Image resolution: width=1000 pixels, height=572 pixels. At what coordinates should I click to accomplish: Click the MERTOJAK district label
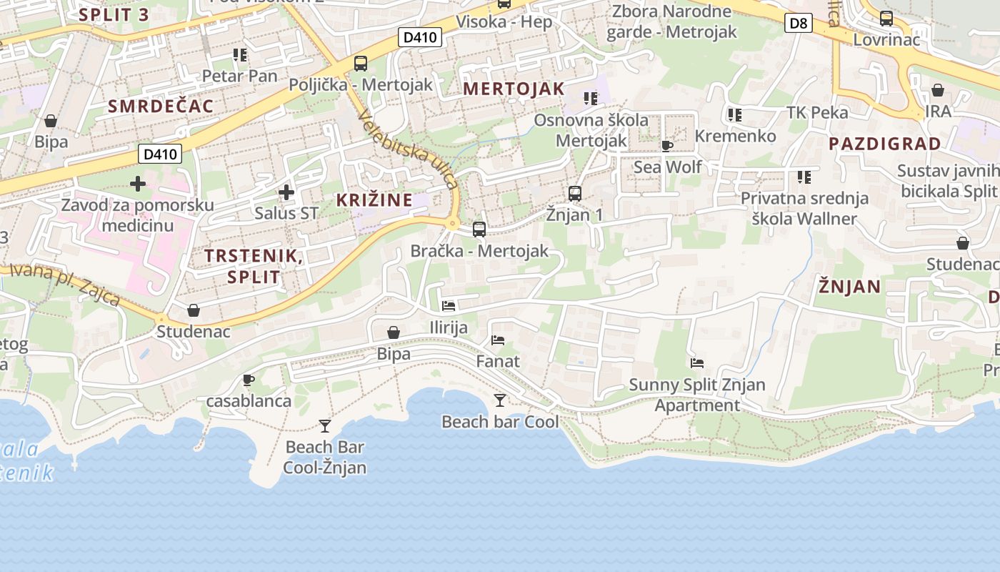pyautogui.click(x=514, y=89)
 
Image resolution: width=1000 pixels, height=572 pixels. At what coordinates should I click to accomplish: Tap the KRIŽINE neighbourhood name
pyautogui.click(x=375, y=199)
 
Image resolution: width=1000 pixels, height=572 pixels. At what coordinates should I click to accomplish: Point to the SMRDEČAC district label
pyautogui.click(x=161, y=107)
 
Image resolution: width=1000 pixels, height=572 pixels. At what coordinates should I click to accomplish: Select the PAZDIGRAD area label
pyautogui.click(x=885, y=144)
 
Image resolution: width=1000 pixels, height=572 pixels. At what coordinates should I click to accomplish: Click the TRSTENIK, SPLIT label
pyautogui.click(x=254, y=266)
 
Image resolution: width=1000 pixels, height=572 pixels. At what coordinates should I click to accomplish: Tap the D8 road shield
pyautogui.click(x=798, y=24)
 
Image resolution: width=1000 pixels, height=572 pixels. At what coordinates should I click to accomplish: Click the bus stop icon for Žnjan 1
pyautogui.click(x=575, y=193)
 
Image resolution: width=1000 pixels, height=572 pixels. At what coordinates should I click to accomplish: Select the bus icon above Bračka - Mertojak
pyautogui.click(x=479, y=230)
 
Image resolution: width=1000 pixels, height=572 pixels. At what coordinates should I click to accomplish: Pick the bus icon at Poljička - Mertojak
pyautogui.click(x=361, y=63)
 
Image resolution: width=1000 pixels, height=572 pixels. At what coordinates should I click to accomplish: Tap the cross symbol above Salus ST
pyautogui.click(x=286, y=192)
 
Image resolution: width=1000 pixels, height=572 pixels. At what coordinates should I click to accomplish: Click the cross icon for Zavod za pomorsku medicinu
pyautogui.click(x=138, y=184)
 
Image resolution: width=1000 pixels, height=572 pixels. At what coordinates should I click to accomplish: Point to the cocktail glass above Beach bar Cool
pyautogui.click(x=500, y=400)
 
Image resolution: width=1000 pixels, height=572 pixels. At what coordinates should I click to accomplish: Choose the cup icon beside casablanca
pyautogui.click(x=249, y=380)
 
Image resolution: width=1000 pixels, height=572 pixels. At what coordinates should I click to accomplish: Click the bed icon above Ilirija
pyautogui.click(x=449, y=306)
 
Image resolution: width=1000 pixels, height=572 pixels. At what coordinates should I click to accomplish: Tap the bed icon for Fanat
pyautogui.click(x=498, y=340)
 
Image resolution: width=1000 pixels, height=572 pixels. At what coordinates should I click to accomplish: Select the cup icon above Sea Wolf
pyautogui.click(x=667, y=146)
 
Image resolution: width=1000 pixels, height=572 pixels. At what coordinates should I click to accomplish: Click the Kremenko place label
pyautogui.click(x=735, y=136)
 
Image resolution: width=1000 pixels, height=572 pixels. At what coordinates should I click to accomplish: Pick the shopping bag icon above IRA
pyautogui.click(x=938, y=90)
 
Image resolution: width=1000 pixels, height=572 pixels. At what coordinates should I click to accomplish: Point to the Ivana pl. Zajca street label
pyautogui.click(x=64, y=283)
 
